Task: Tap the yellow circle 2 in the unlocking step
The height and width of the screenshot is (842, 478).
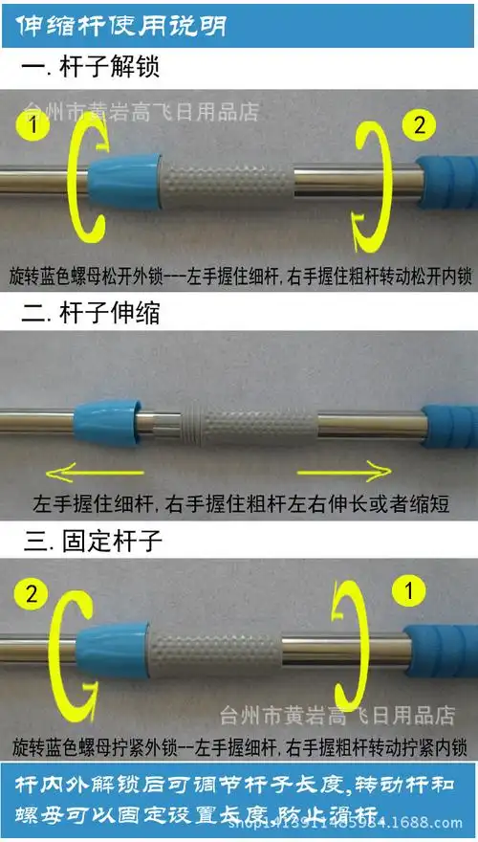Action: coord(422,122)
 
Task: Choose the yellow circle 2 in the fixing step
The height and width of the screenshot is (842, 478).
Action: coord(33,594)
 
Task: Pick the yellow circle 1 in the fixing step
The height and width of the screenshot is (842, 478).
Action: coord(410,591)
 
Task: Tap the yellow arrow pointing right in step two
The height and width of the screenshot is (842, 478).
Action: coord(344,469)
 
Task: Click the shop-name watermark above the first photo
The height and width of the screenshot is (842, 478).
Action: coord(142,111)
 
